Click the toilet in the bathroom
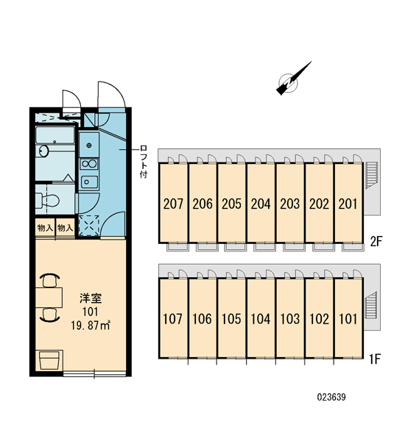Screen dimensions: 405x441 pyautogui.click(x=48, y=200)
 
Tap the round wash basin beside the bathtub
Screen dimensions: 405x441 pyautogui.click(x=43, y=151)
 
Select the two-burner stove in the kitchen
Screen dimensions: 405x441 pyautogui.click(x=89, y=164)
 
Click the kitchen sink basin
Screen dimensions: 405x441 pyautogui.click(x=89, y=182)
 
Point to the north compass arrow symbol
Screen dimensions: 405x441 pyautogui.click(x=293, y=79)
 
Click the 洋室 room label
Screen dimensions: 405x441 pyautogui.click(x=91, y=298)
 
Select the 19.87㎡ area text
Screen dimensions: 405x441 pyautogui.click(x=90, y=326)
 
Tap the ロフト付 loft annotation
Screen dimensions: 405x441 pyautogui.click(x=144, y=162)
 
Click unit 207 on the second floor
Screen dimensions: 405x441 pyautogui.click(x=173, y=204)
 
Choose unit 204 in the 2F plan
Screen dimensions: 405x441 pyautogui.click(x=261, y=204)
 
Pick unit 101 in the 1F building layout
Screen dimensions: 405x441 pyautogui.click(x=348, y=319)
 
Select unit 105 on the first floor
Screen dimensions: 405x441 pyautogui.click(x=231, y=319)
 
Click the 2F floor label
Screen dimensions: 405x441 pyautogui.click(x=376, y=241)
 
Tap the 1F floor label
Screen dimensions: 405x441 pyautogui.click(x=375, y=359)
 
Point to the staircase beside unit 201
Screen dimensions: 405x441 pyautogui.click(x=371, y=175)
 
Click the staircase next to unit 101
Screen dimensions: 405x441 pyautogui.click(x=371, y=306)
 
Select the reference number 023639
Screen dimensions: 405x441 pyautogui.click(x=331, y=397)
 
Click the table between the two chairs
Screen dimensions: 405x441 pyautogui.click(x=49, y=298)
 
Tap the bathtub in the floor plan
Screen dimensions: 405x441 pyautogui.click(x=55, y=135)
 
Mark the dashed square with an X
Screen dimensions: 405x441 pyautogui.click(x=89, y=226)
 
